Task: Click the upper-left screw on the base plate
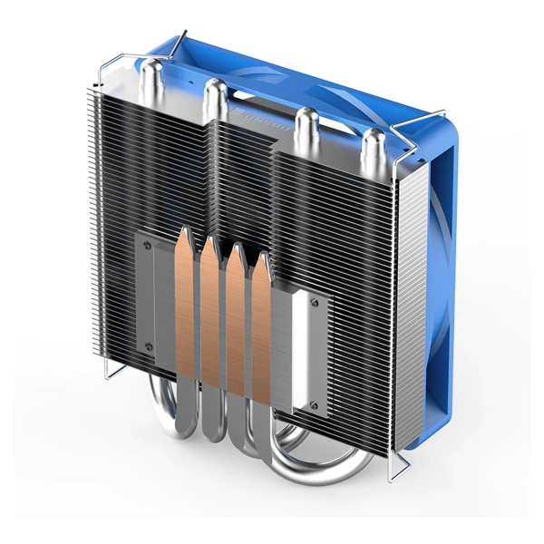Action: [145, 244]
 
